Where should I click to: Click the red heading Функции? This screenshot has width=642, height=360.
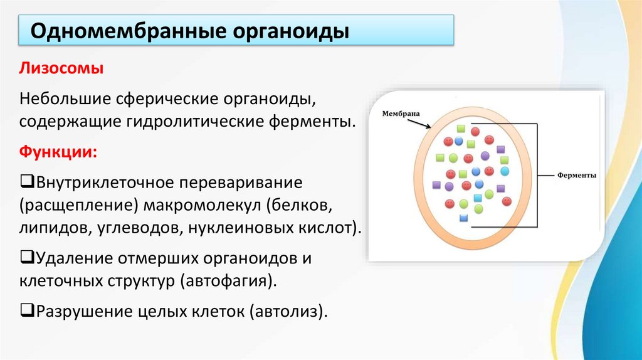pos(57,152)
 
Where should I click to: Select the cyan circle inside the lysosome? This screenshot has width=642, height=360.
pos(505,171)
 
